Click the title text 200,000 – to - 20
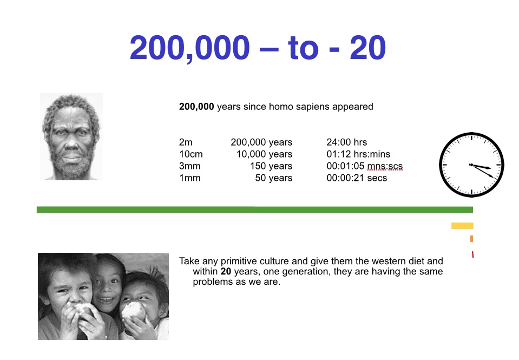click(x=258, y=48)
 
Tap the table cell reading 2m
click(x=186, y=142)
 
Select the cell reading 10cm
click(x=191, y=154)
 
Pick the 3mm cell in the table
click(x=189, y=166)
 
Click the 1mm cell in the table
click(x=189, y=178)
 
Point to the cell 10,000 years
click(x=265, y=154)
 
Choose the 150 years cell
click(x=271, y=166)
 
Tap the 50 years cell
click(x=274, y=178)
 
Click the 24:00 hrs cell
click(x=346, y=142)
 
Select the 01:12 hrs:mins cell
click(x=358, y=154)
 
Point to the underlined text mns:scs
click(x=385, y=166)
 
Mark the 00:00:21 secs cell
click(x=357, y=178)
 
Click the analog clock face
click(x=472, y=165)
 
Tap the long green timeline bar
click(x=255, y=210)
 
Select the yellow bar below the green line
click(x=462, y=226)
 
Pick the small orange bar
click(x=472, y=238)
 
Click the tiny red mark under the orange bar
click(x=472, y=254)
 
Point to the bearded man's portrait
click(x=71, y=137)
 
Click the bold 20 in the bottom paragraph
click(x=226, y=271)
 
